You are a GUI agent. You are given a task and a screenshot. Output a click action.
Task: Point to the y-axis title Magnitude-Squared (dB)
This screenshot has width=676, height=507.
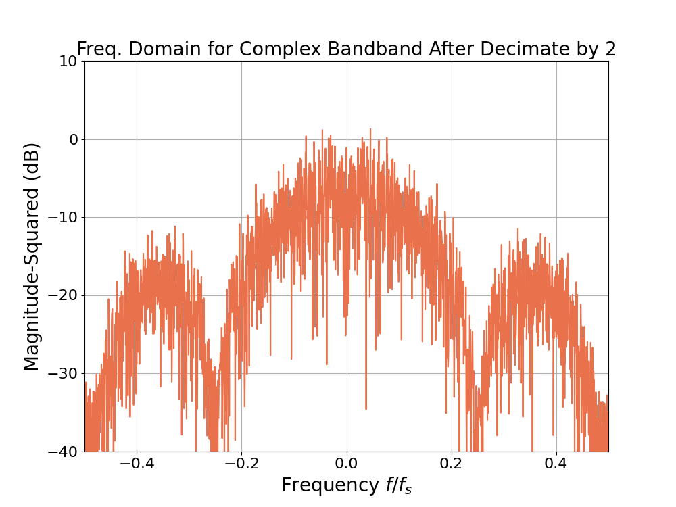pyautogui.click(x=32, y=256)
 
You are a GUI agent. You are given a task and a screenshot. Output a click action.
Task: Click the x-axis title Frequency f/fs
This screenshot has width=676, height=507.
pyautogui.click(x=346, y=485)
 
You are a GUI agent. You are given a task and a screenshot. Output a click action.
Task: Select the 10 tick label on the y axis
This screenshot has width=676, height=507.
pyautogui.click(x=67, y=62)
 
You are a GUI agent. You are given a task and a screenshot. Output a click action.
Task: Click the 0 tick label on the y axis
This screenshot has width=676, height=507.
pyautogui.click(x=72, y=139)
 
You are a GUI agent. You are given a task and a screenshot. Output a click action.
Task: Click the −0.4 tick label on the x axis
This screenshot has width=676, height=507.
pyautogui.click(x=136, y=465)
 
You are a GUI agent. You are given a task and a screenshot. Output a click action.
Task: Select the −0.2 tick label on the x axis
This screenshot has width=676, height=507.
pyautogui.click(x=241, y=465)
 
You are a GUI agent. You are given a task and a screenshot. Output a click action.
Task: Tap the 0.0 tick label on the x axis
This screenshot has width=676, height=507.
pyautogui.click(x=346, y=465)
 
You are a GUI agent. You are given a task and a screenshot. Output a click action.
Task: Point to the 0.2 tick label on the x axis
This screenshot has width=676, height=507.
pyautogui.click(x=451, y=465)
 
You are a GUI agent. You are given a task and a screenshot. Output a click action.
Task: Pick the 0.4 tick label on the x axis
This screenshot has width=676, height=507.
pyautogui.click(x=556, y=465)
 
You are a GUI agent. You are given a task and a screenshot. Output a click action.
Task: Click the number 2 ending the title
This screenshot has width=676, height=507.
pyautogui.click(x=610, y=49)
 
